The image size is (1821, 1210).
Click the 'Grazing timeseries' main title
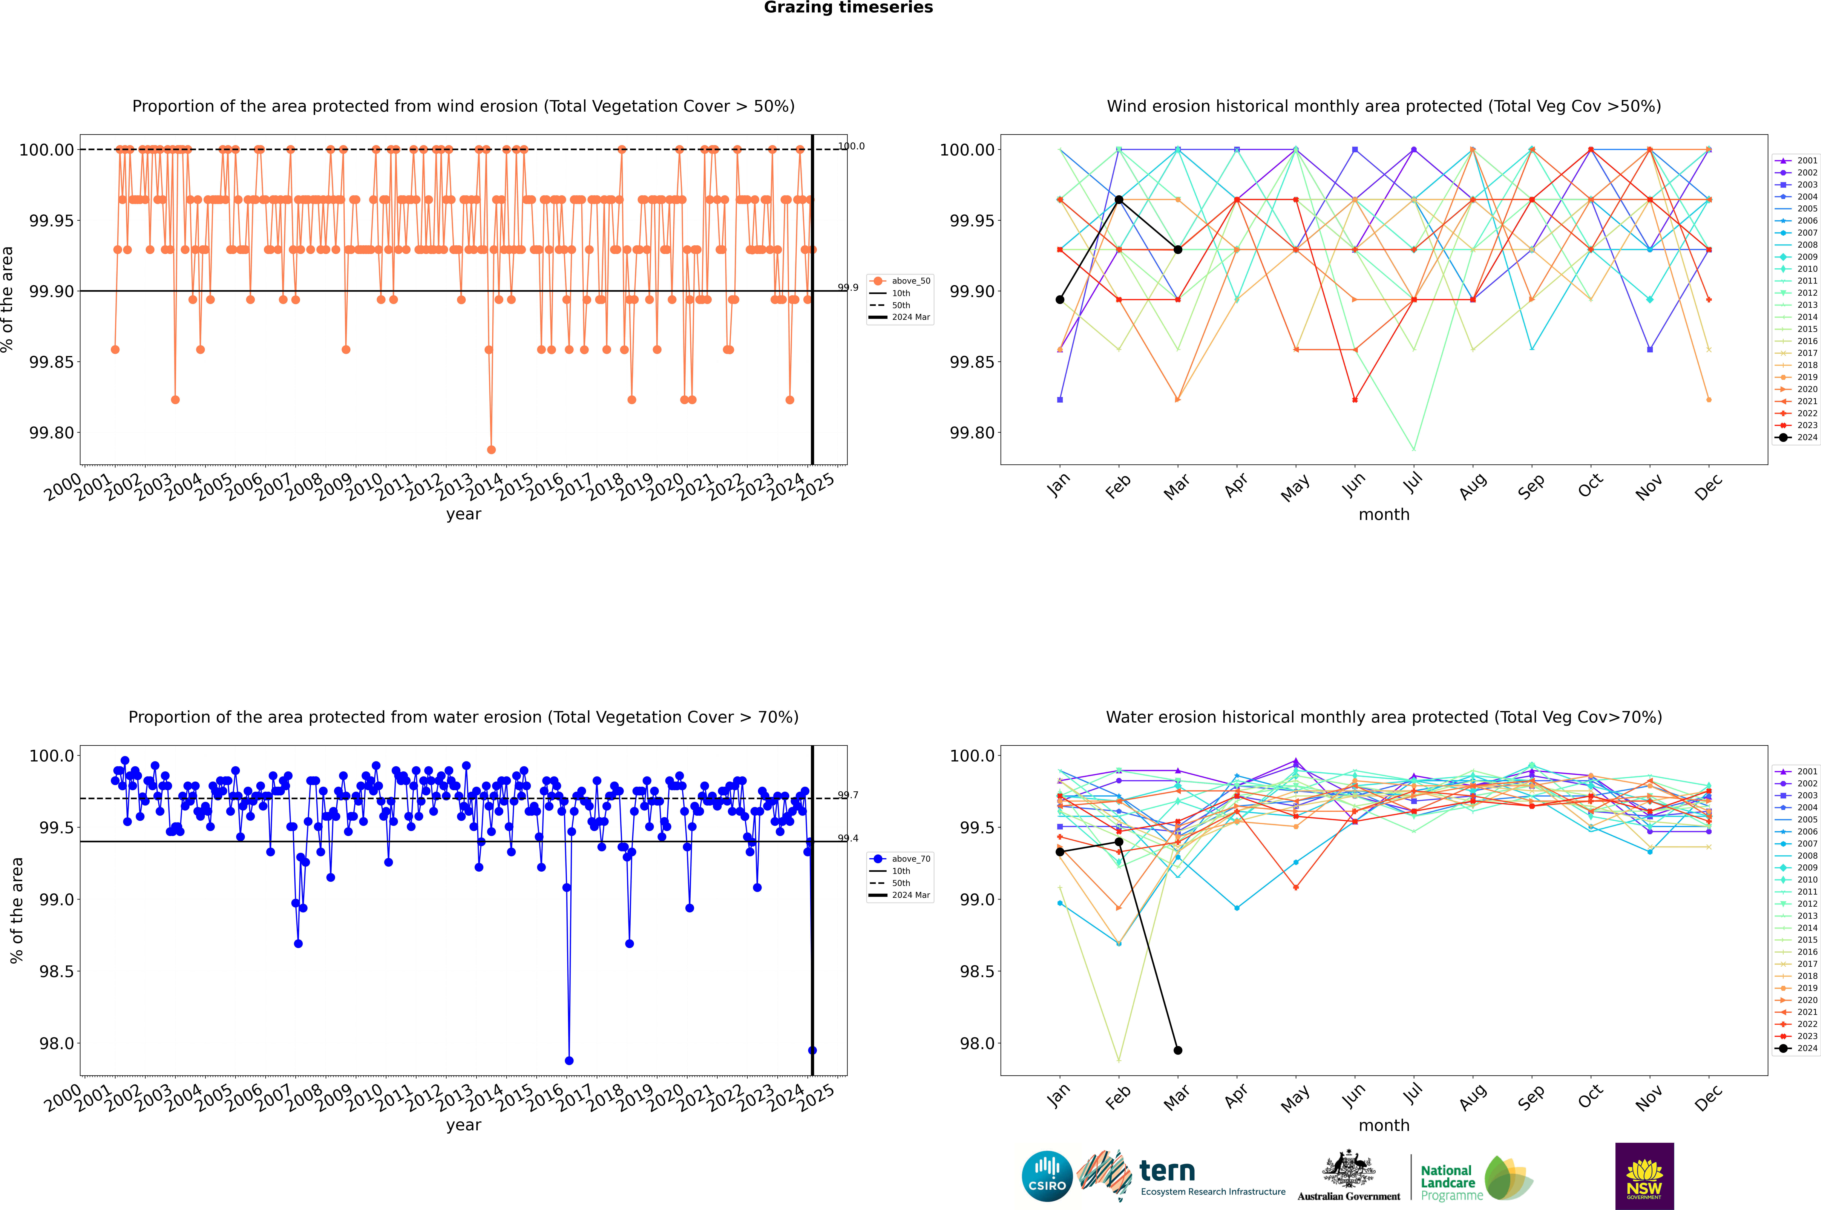click(848, 8)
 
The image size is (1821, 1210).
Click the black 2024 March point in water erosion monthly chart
click(1177, 1050)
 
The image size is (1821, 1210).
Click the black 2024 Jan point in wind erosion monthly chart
click(1060, 299)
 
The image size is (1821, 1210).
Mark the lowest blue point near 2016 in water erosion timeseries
click(569, 1060)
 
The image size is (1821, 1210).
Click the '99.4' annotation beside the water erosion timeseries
click(848, 838)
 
